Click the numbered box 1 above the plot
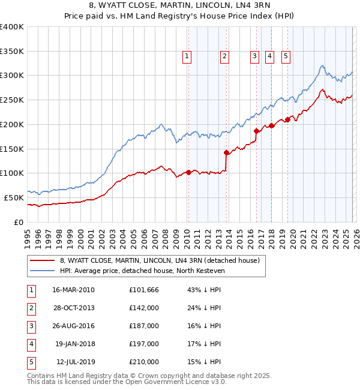pos(187,57)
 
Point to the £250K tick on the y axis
pos(12,100)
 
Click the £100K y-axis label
pos(12,173)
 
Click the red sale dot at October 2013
pos(227,152)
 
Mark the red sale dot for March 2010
pos(188,172)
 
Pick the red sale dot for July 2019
pos(287,119)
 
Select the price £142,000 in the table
pos(143,308)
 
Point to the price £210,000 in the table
pos(143,362)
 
